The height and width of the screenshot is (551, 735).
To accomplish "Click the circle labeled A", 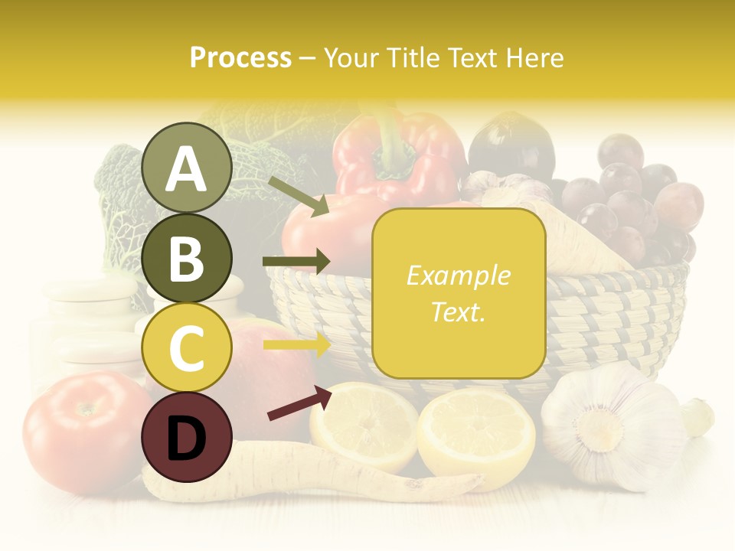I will pyautogui.click(x=186, y=168).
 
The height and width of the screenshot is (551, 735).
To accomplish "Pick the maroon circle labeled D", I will pyautogui.click(x=186, y=437).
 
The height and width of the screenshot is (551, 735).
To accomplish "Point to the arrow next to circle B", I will pyautogui.click(x=297, y=262).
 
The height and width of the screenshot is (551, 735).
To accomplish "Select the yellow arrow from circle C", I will pyautogui.click(x=297, y=345).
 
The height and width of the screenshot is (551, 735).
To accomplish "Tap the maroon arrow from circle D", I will pyautogui.click(x=299, y=403).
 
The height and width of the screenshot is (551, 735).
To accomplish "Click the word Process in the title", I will pyautogui.click(x=240, y=58).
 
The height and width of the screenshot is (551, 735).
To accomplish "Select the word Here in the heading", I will pyautogui.click(x=534, y=58).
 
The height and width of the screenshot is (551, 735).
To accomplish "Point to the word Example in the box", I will pyautogui.click(x=459, y=275).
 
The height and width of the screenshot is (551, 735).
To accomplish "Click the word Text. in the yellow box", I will pyautogui.click(x=459, y=311).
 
